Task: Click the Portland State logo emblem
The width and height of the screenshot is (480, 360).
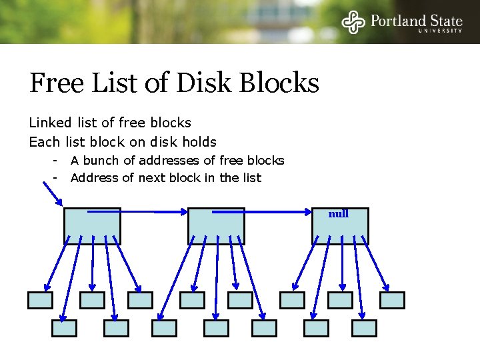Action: [x=354, y=22]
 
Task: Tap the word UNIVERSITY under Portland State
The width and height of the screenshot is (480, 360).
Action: [x=440, y=31]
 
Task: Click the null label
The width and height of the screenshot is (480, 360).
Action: [x=339, y=214]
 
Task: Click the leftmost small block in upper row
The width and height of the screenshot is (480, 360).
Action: [x=40, y=300]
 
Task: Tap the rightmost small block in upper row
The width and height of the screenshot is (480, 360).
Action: [x=392, y=300]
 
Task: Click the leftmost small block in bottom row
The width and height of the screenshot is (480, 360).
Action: [x=65, y=328]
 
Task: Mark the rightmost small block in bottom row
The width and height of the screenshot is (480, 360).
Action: [x=365, y=328]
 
